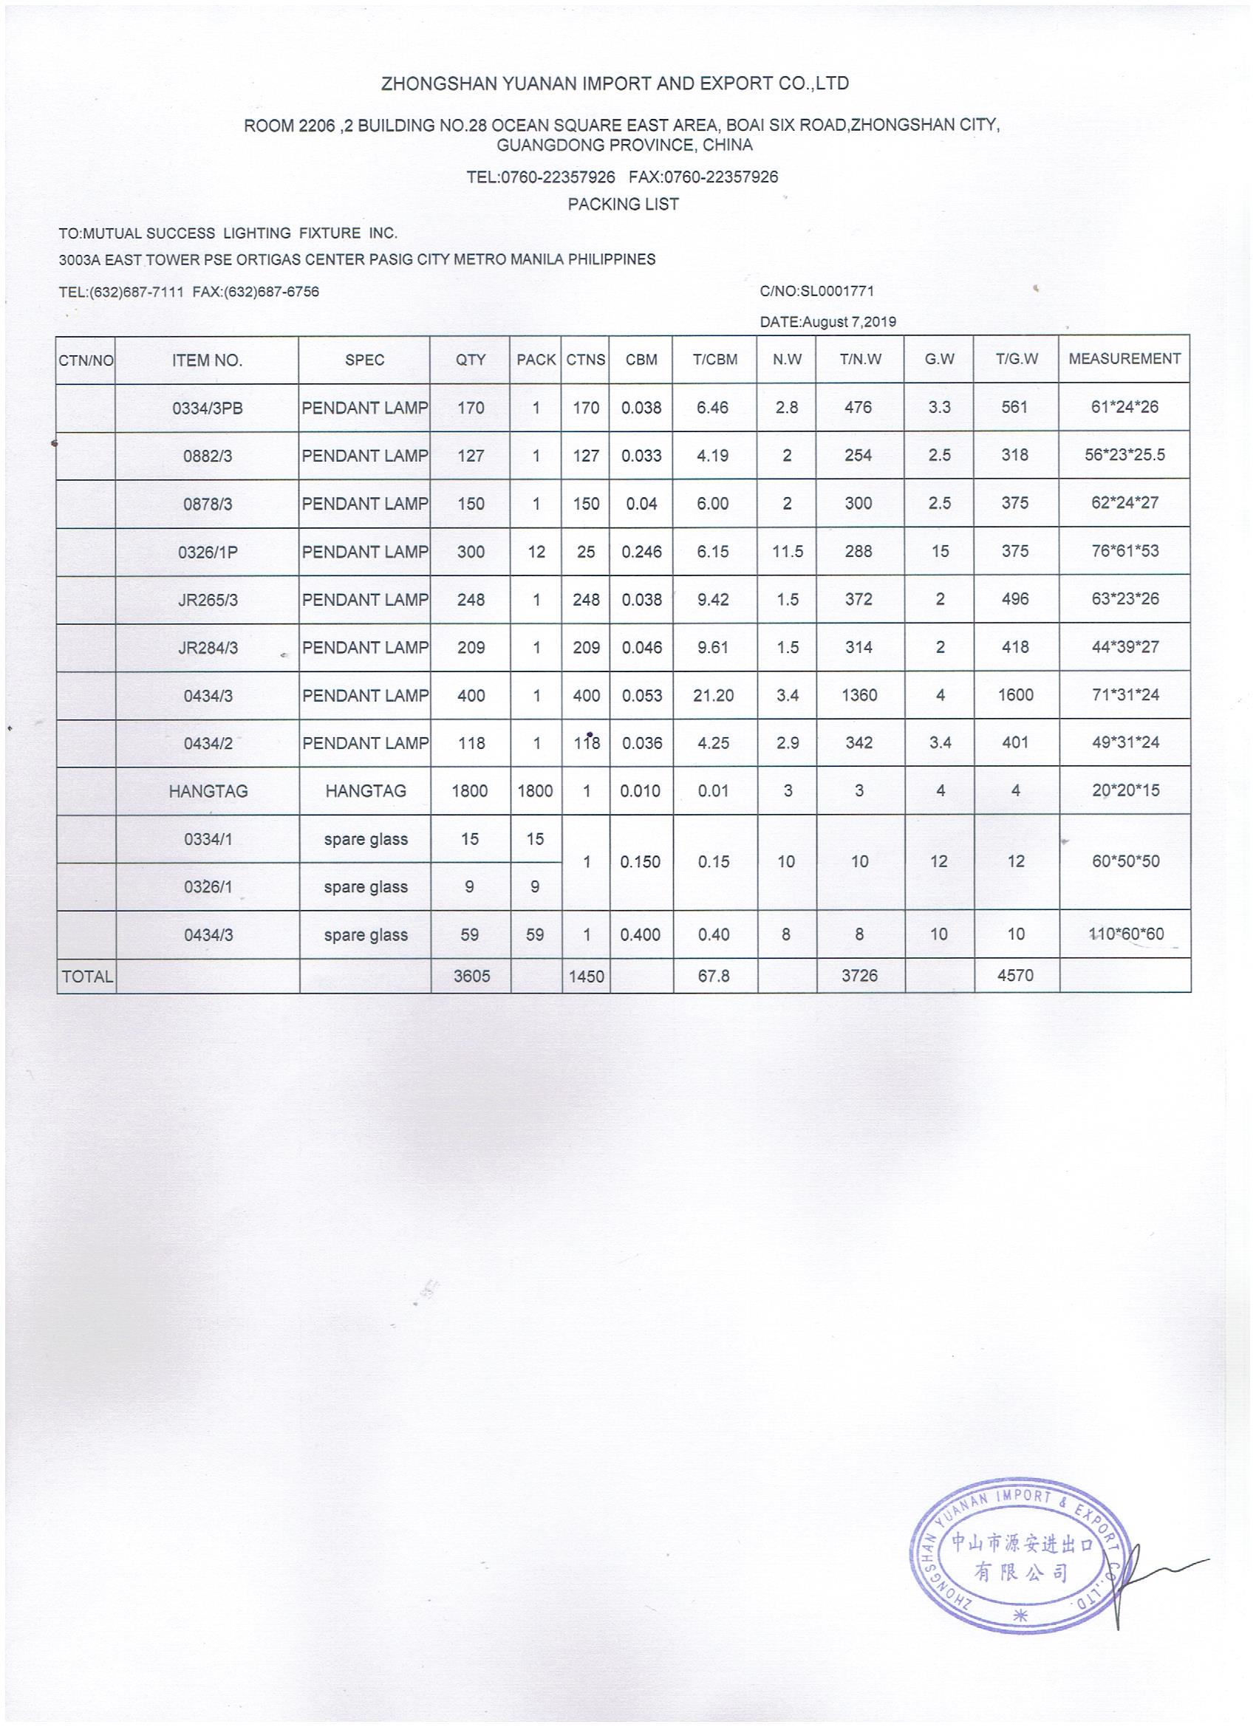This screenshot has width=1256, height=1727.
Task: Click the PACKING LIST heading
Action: pos(623,204)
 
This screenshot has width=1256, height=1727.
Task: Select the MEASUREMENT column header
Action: pos(1124,359)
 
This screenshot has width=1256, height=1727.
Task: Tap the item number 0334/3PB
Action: pos(207,408)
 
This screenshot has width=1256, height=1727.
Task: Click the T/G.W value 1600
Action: pos(1015,695)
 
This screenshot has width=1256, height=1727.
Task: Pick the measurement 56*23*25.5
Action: pos(1124,455)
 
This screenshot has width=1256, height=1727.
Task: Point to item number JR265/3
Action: pos(207,600)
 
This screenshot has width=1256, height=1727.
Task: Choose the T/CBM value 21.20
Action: pos(714,695)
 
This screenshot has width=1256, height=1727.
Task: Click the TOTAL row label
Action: pos(87,977)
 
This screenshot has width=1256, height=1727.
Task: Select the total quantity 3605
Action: pos(471,977)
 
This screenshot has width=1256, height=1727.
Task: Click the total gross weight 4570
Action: pos(1015,976)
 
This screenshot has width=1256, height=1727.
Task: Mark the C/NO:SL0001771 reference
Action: pos(816,291)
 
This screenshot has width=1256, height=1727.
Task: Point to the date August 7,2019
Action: pos(828,322)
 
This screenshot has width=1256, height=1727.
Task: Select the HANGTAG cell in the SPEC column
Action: pos(366,791)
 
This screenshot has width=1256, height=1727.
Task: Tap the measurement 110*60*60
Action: pos(1124,934)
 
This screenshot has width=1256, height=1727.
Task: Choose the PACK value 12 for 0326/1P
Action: pos(536,552)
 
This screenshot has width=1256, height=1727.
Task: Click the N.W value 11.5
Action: pos(787,552)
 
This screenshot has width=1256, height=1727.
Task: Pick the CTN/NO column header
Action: pos(86,360)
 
